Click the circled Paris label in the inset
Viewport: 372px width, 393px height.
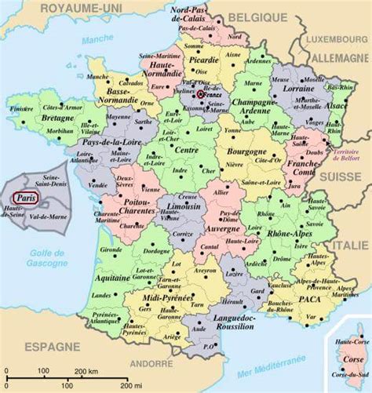click(x=27, y=198)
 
